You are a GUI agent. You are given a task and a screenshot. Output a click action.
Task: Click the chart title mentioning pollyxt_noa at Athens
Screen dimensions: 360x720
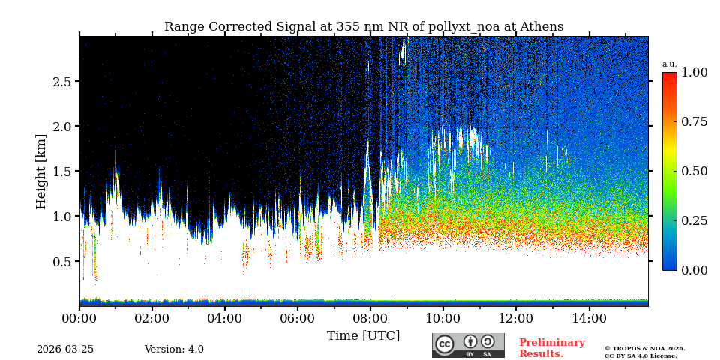point(364,27)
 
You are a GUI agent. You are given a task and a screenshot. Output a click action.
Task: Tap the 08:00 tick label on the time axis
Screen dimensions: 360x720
point(370,319)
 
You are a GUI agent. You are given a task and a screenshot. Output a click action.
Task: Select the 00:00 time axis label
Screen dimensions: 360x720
point(79,319)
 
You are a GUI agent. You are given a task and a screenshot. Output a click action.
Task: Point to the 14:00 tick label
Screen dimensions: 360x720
point(589,319)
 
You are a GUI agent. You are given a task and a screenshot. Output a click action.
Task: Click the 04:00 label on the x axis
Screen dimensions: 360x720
point(224,319)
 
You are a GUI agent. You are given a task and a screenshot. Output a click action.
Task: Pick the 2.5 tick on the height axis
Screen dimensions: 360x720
point(61,82)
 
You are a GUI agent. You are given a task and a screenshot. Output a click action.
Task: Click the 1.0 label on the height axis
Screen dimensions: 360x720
point(61,217)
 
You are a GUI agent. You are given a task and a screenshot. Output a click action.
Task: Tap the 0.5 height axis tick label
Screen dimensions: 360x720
point(61,262)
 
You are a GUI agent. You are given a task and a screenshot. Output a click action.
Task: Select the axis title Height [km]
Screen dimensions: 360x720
point(41,172)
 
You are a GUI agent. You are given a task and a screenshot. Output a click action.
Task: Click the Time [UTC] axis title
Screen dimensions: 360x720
point(364,336)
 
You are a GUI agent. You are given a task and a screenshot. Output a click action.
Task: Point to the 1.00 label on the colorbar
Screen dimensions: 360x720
point(694,73)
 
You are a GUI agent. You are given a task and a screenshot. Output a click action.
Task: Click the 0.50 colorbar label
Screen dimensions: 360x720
point(694,171)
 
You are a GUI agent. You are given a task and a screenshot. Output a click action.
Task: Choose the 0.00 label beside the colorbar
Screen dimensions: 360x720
point(694,270)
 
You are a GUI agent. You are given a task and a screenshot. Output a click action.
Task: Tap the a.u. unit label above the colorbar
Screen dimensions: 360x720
point(669,64)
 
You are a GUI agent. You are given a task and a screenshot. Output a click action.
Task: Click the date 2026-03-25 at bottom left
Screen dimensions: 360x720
point(65,349)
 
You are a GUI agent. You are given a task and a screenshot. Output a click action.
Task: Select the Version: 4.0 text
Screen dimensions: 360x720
point(174,349)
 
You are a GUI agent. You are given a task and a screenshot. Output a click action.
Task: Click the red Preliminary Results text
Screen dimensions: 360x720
point(551,348)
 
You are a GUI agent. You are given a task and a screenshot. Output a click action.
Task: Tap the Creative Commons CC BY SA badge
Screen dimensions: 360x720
point(468,345)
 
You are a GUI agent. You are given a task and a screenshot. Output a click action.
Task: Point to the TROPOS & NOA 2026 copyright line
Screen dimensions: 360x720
point(644,349)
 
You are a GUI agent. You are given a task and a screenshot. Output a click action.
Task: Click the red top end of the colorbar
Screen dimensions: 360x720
point(669,76)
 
